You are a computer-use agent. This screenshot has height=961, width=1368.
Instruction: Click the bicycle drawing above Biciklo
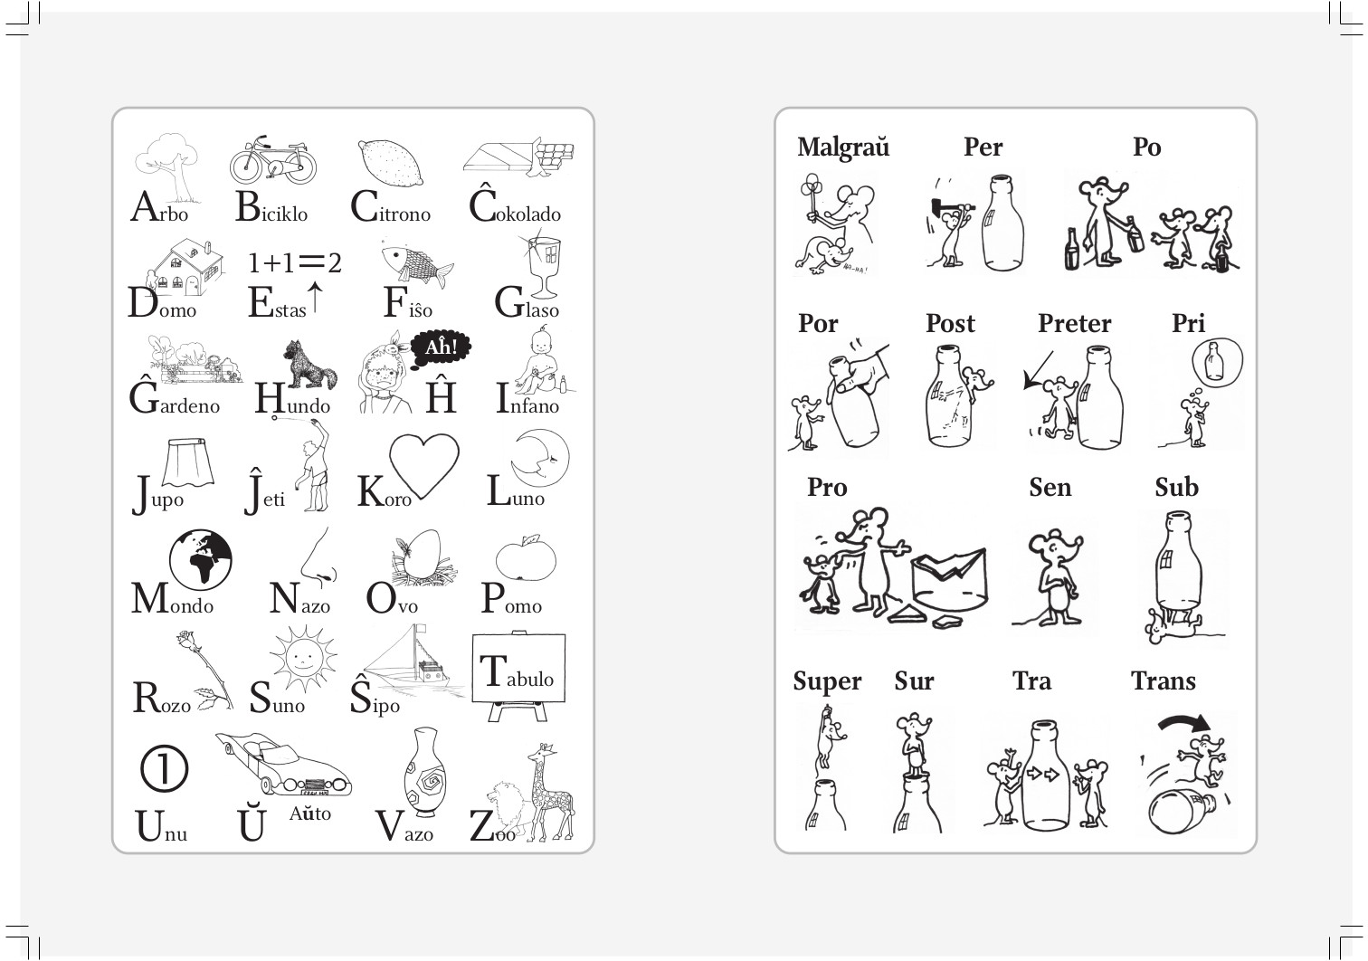273,159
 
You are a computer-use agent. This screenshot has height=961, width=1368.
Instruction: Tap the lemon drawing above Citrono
390,163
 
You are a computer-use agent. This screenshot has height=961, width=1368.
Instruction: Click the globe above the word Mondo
200,559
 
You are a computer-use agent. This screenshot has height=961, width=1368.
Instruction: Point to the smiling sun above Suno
302,659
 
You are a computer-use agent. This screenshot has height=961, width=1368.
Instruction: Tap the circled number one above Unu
165,769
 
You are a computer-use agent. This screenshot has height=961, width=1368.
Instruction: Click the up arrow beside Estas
315,297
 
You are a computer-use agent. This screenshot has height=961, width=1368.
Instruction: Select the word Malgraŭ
843,147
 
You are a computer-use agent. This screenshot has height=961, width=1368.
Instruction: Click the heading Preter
1074,323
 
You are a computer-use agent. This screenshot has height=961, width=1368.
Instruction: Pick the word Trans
1163,680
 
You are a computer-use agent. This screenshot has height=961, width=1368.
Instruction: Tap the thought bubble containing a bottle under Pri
1217,360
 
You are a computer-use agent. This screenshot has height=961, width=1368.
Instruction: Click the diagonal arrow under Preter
1039,370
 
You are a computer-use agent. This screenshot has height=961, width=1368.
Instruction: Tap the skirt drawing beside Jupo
188,462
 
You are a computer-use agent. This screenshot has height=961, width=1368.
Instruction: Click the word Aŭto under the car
310,814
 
